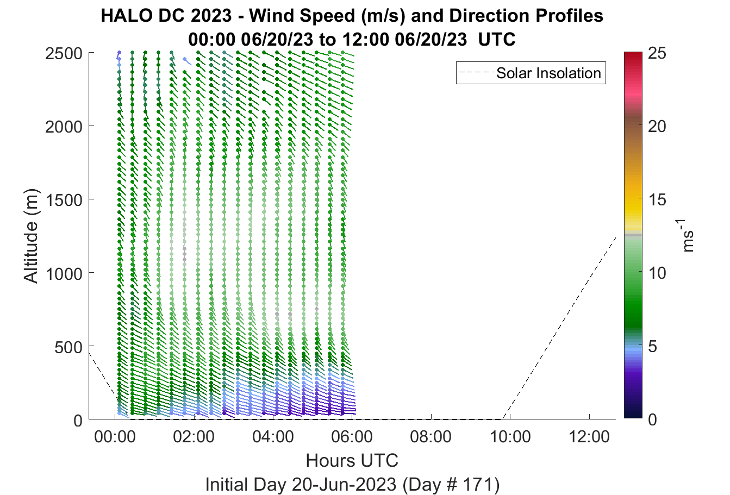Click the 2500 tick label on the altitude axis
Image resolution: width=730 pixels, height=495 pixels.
pyautogui.click(x=64, y=54)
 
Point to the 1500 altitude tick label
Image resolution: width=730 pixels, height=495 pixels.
pyautogui.click(x=64, y=200)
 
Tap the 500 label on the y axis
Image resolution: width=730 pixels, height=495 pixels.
pyautogui.click(x=68, y=347)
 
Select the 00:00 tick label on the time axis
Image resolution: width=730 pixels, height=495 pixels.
pyautogui.click(x=115, y=437)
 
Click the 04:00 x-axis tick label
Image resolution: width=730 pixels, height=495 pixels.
pyautogui.click(x=273, y=437)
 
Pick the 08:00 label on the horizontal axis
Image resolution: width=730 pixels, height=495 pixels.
pyautogui.click(x=431, y=437)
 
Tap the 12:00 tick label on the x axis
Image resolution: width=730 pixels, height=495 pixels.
pyautogui.click(x=589, y=437)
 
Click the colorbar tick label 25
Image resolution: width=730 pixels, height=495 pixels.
pyautogui.click(x=657, y=53)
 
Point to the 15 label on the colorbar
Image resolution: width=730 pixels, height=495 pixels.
pyautogui.click(x=657, y=200)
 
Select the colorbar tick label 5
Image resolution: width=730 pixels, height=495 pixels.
pyautogui.click(x=652, y=347)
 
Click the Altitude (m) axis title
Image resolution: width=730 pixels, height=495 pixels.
pyautogui.click(x=32, y=236)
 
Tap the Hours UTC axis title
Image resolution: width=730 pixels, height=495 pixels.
pyautogui.click(x=352, y=461)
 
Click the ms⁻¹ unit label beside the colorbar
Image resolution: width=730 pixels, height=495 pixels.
pyautogui.click(x=687, y=236)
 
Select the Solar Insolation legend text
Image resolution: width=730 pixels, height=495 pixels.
pyautogui.click(x=549, y=73)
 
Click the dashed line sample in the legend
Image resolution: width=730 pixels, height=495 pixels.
pyautogui.click(x=477, y=73)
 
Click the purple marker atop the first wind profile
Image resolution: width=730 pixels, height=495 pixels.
pyautogui.click(x=119, y=53)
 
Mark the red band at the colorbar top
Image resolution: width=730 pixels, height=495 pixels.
pyautogui.click(x=633, y=57)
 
